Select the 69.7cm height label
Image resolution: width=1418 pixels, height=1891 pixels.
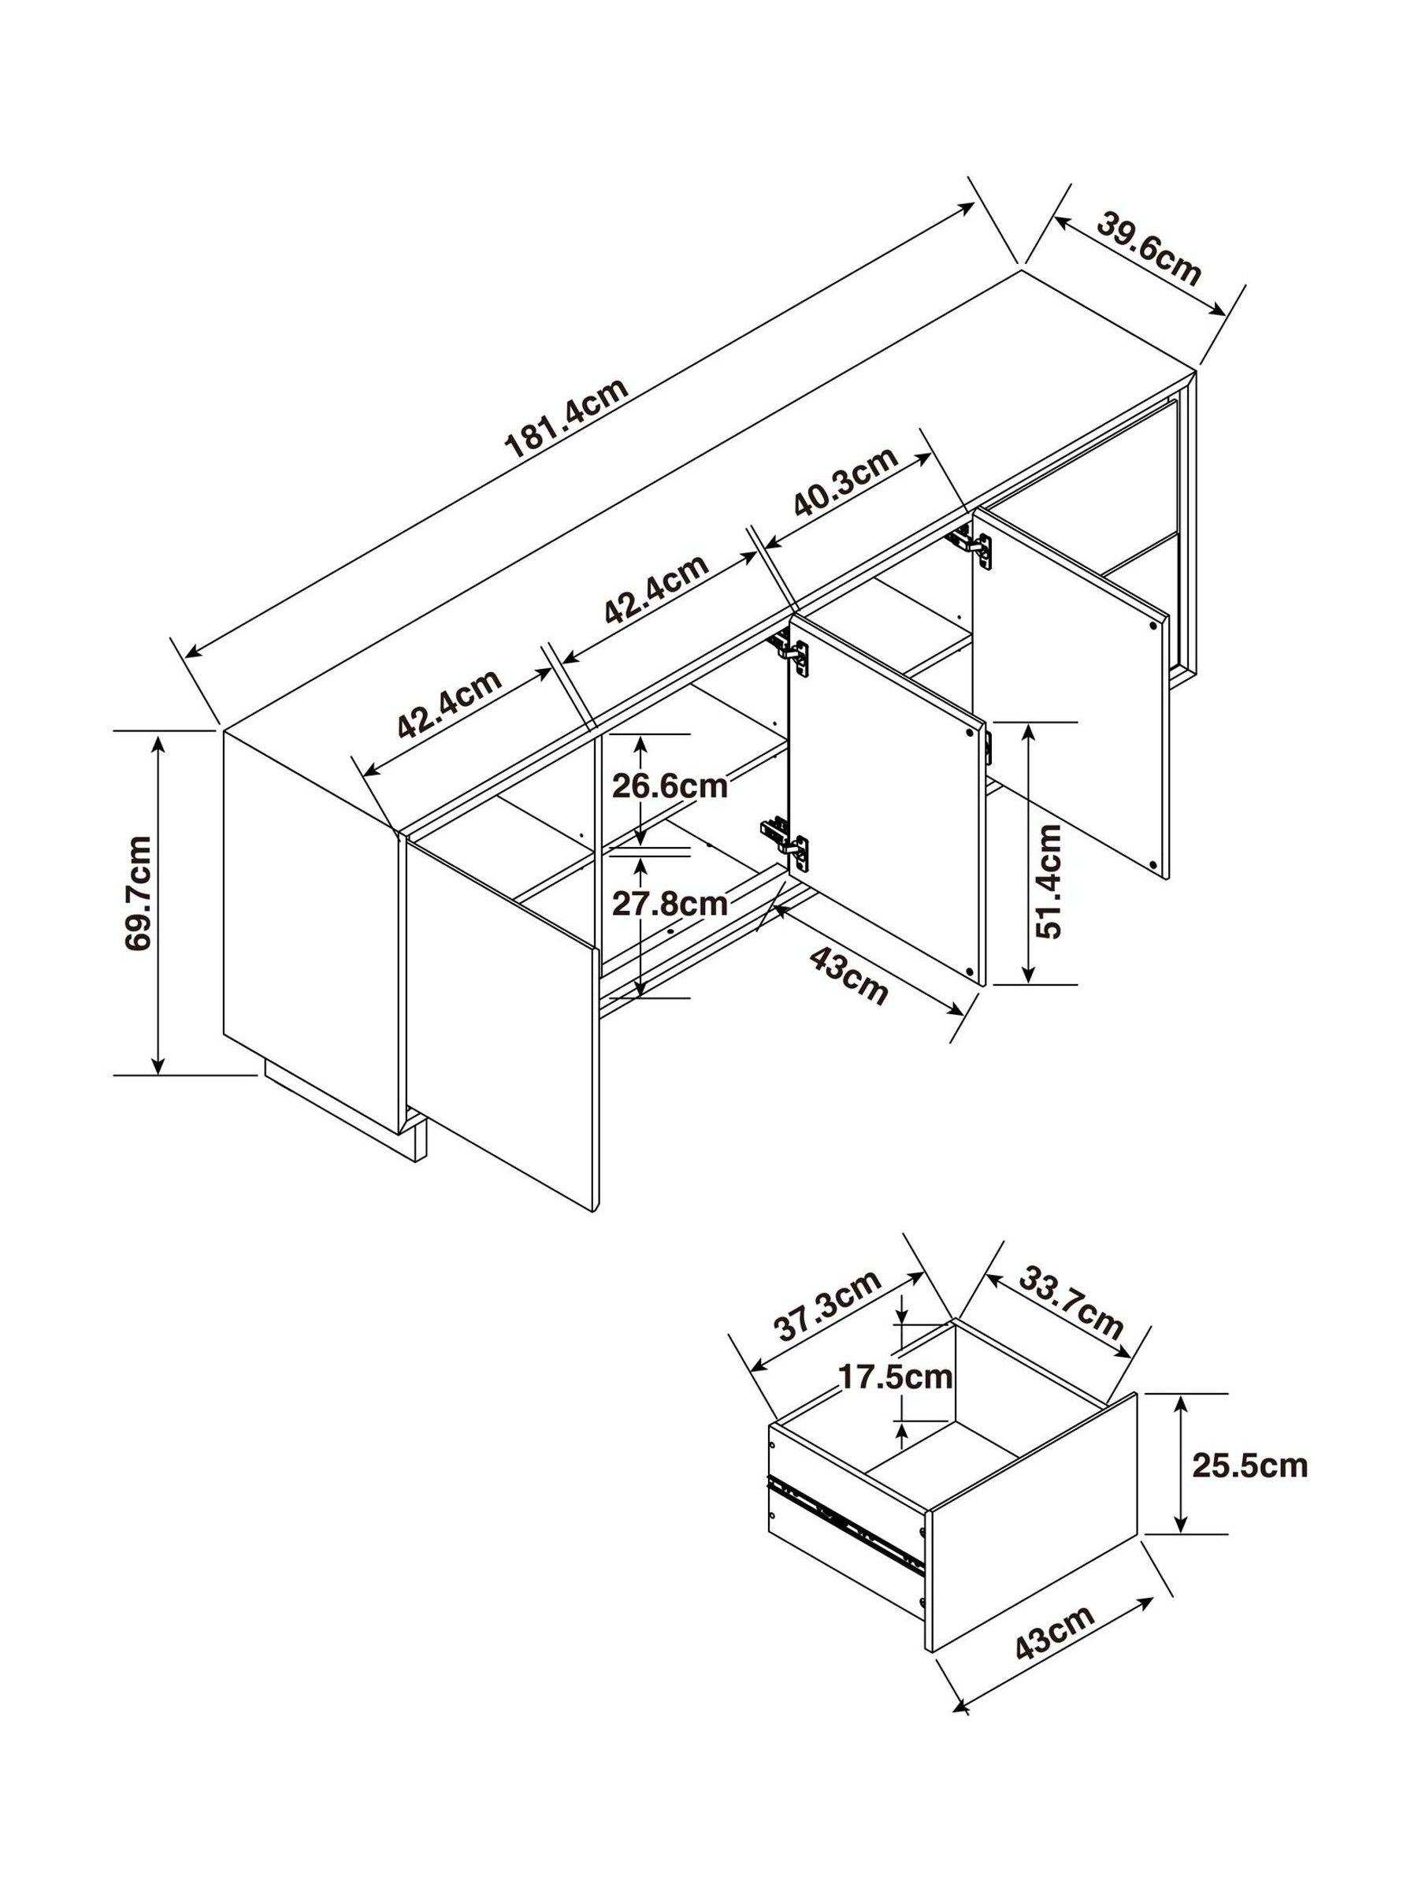pyautogui.click(x=139, y=893)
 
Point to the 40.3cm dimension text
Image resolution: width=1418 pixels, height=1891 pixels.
pyautogui.click(x=846, y=482)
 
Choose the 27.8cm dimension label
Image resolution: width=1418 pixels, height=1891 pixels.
pyautogui.click(x=670, y=903)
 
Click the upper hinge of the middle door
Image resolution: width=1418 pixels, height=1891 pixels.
pyautogui.click(x=793, y=650)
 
